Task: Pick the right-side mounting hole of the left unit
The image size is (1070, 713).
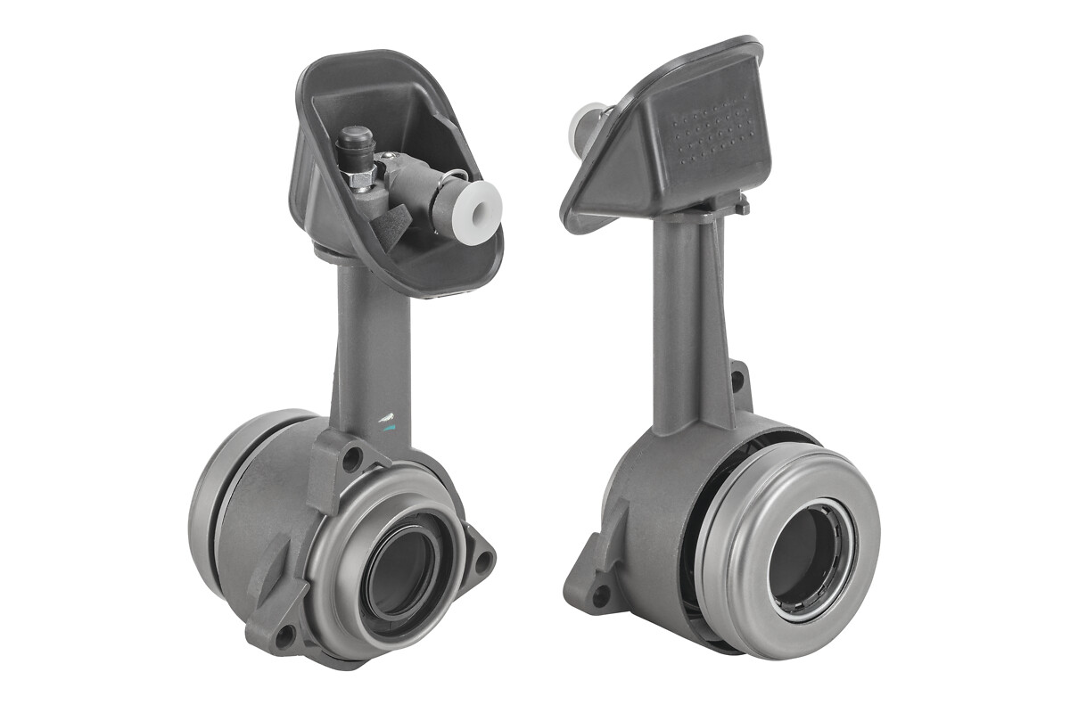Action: pos(481,561)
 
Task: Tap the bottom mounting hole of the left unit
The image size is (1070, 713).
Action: pos(285,635)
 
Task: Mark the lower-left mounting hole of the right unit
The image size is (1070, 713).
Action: pos(599,591)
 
